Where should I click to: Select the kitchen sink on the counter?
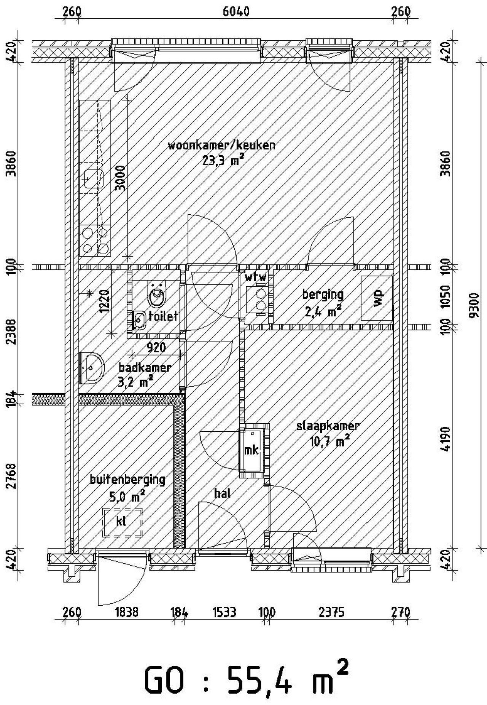pos(94,179)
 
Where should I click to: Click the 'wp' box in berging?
pos(377,298)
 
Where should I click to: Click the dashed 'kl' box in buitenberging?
pos(123,522)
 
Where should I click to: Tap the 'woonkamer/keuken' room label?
pos(222,145)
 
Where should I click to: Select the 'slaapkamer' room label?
pos(328,426)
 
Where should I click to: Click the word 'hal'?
pos(223,494)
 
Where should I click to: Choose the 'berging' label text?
pos(323,295)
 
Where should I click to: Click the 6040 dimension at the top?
pos(236,11)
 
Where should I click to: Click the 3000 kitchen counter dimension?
pos(120,178)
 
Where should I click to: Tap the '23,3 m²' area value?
pos(223,160)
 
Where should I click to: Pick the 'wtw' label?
pos(256,277)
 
